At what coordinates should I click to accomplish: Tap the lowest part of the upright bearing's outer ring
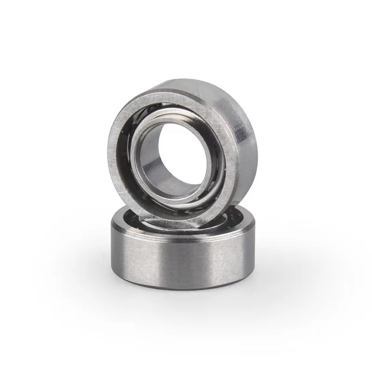click(177, 222)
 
